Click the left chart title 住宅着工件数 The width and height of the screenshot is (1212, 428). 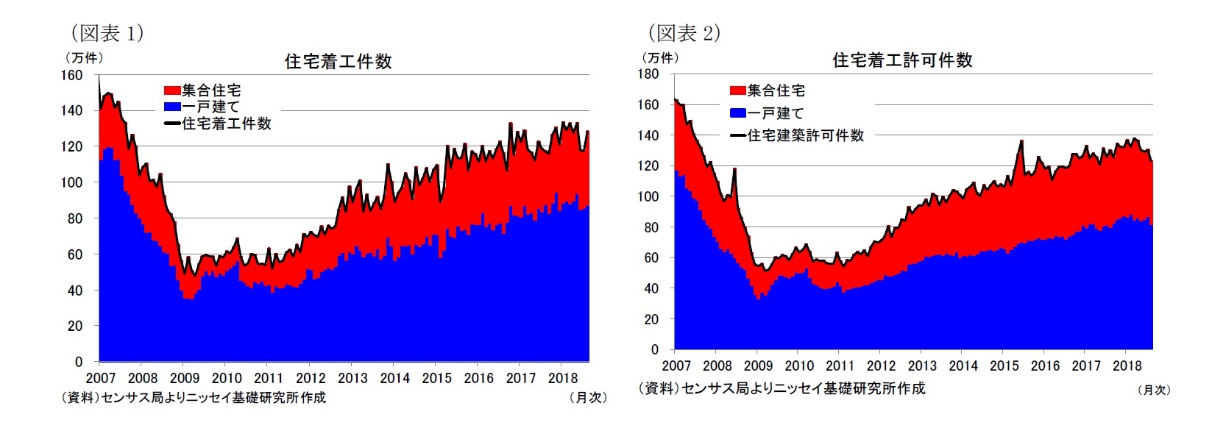click(338, 62)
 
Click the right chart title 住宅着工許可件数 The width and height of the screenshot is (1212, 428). click(902, 60)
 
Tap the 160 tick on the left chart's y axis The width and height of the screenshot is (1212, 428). click(71, 75)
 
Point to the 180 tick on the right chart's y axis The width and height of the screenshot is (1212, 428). click(648, 74)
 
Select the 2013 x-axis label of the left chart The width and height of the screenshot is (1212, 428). click(352, 379)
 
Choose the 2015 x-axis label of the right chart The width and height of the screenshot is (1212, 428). click(1004, 366)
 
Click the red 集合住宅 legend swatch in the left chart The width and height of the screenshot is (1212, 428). click(171, 90)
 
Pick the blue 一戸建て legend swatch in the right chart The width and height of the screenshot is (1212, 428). click(737, 113)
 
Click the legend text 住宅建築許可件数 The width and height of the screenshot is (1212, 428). click(806, 135)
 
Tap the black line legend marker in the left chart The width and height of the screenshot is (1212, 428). click(171, 124)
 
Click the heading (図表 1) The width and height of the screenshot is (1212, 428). click(107, 33)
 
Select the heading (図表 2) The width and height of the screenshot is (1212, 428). click(684, 33)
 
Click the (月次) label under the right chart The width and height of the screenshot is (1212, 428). click(1154, 390)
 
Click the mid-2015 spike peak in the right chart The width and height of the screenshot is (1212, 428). click(1021, 141)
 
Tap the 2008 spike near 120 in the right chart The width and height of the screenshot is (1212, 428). click(734, 170)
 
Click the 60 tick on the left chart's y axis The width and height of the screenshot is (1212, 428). click(75, 254)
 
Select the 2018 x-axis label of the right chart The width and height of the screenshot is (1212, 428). click(1127, 366)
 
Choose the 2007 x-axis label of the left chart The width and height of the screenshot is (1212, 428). click(101, 379)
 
